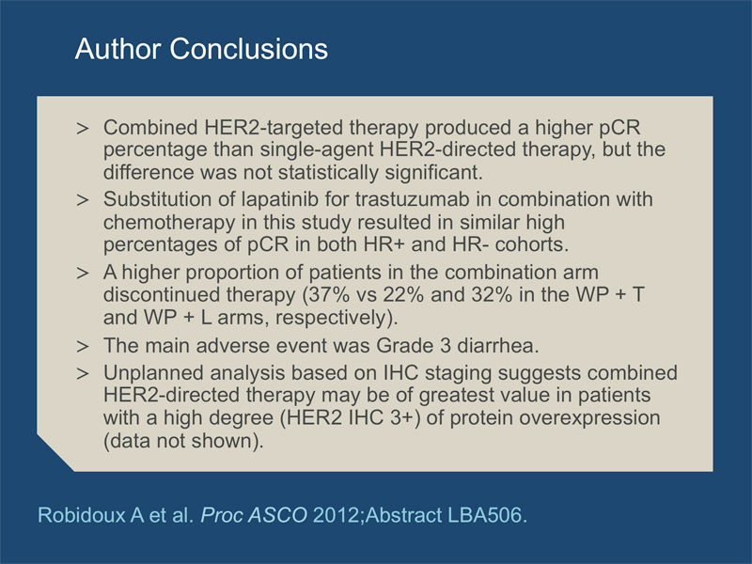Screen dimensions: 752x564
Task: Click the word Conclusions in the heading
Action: point(249,49)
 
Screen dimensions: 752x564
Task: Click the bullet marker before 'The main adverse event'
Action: point(83,346)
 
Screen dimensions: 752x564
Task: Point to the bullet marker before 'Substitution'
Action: point(83,200)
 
